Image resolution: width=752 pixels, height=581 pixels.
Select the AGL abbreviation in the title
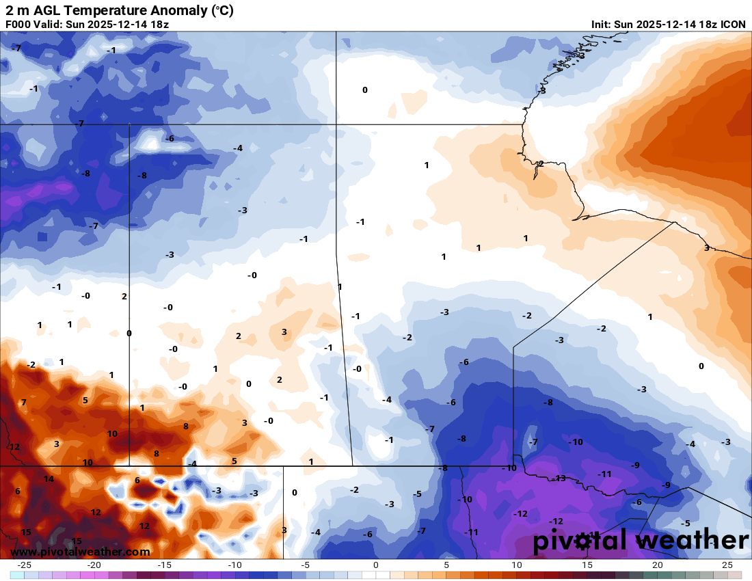40,10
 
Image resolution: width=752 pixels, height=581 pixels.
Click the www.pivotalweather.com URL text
81,552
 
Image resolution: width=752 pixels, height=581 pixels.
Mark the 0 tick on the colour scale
376,565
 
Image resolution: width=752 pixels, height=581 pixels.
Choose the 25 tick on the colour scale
727,565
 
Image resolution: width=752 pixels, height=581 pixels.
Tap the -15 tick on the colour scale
165,565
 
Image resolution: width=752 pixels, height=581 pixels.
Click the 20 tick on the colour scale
657,565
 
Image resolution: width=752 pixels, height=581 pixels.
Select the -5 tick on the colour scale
306,565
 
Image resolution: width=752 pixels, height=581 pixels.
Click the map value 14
49,478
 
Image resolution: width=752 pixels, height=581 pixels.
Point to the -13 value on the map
560,478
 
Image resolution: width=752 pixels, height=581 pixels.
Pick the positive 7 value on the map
23,403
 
